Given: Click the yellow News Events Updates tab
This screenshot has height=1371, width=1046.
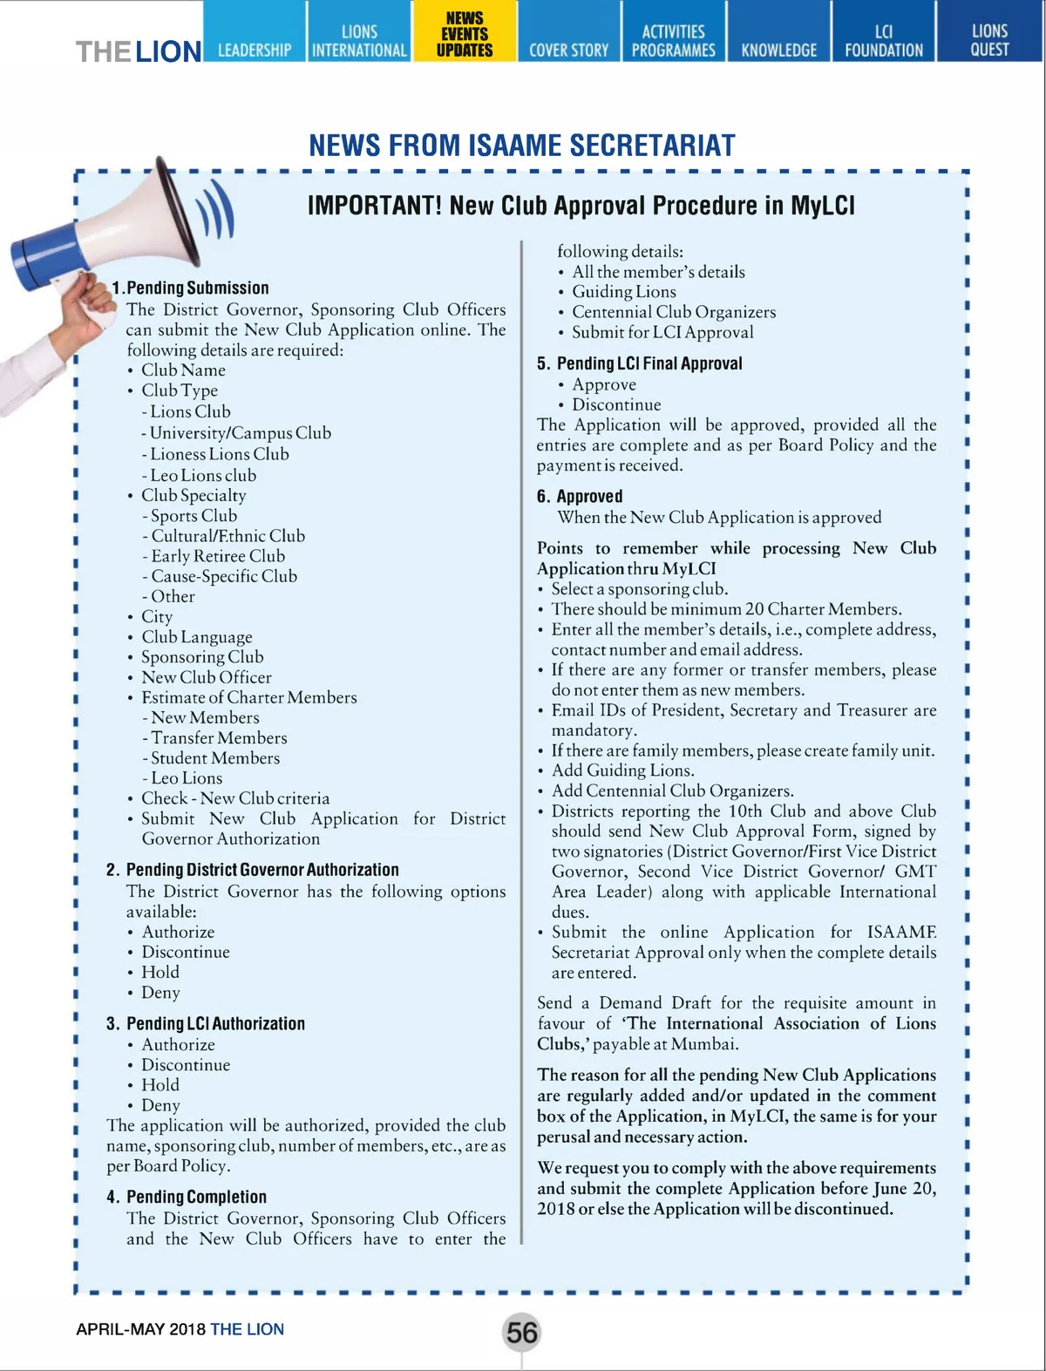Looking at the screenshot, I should click(x=465, y=33).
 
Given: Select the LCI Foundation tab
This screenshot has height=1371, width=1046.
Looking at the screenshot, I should click(x=883, y=40).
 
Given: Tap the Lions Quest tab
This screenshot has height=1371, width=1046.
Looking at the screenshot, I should click(x=989, y=40).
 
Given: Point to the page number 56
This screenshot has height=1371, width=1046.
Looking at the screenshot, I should click(x=522, y=1332).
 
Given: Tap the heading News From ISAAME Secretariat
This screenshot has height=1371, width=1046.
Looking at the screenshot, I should click(x=522, y=146).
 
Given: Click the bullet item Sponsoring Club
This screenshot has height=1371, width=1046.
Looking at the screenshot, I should click(x=202, y=657).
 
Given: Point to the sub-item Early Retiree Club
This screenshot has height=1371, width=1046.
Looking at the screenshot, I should click(x=218, y=556).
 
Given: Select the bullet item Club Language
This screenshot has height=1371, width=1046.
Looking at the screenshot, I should click(x=197, y=637).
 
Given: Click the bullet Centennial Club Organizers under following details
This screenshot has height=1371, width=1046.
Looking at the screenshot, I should click(x=673, y=312).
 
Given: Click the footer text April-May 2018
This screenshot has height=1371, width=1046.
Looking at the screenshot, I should click(x=140, y=1329).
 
